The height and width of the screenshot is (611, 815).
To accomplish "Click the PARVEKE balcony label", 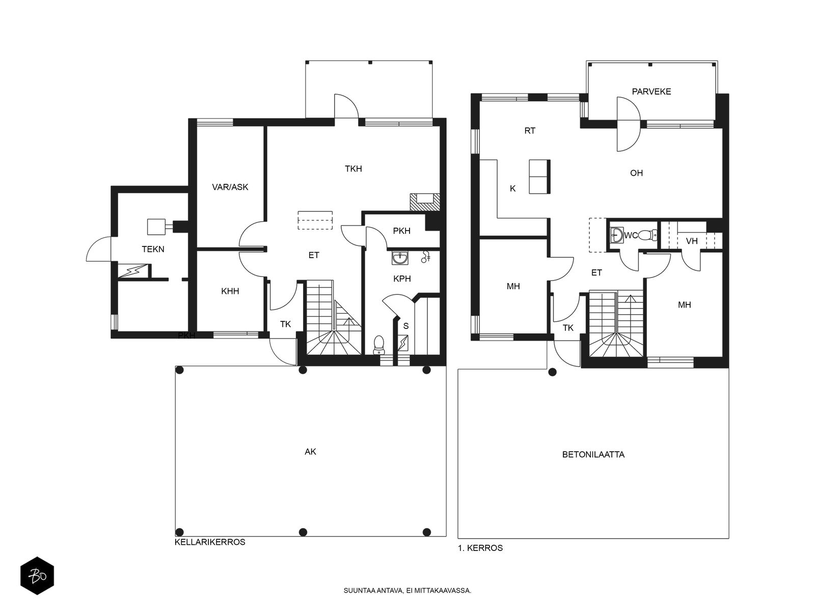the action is [651, 92].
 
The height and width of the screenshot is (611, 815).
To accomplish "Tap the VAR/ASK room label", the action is [230, 187].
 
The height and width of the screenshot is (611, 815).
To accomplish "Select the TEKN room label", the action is [153, 249].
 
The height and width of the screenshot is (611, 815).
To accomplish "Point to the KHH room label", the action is [230, 291].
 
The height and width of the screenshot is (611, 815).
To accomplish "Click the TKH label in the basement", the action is [353, 169].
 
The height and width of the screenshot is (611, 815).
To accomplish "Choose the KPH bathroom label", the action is [402, 279].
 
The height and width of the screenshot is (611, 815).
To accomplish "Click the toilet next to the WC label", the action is [648, 235].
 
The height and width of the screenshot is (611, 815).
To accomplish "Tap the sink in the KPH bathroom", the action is [400, 258].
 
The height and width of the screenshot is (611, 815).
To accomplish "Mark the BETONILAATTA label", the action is [593, 455].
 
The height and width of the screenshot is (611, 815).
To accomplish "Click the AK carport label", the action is [310, 452].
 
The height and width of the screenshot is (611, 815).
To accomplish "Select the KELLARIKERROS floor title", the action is [210, 542].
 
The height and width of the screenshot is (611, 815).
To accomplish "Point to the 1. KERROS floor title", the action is [480, 548].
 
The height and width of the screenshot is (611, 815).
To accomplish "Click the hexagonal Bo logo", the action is [37, 576].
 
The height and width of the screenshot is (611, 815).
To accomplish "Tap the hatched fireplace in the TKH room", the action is [425, 202].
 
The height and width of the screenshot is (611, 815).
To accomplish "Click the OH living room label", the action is [636, 173].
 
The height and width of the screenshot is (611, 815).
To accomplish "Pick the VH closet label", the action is [692, 241].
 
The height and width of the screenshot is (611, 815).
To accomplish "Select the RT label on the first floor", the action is [530, 130].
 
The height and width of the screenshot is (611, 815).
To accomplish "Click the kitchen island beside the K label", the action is [539, 177].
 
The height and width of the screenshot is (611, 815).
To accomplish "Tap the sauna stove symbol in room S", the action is [403, 343].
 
